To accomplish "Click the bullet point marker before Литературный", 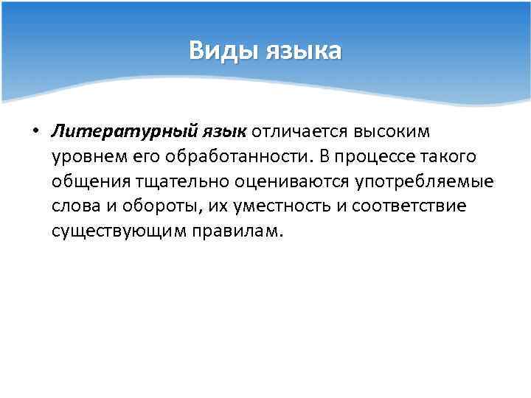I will tap(35, 132).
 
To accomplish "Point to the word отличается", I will tap(300, 131).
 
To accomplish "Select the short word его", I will tap(139, 156).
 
